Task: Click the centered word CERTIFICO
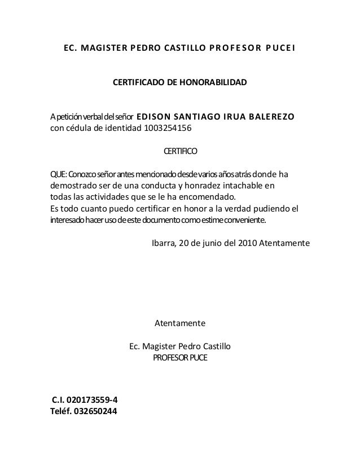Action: [x=180, y=152]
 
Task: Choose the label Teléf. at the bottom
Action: [x=62, y=411]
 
